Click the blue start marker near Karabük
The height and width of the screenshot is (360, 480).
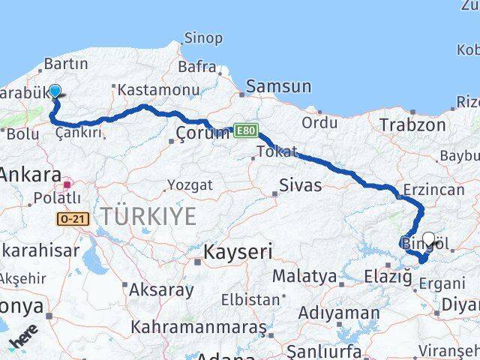tap(54, 92)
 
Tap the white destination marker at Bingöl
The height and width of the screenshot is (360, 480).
tap(428, 240)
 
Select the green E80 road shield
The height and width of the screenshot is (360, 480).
tap(244, 130)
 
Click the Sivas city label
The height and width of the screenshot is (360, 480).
tap(299, 184)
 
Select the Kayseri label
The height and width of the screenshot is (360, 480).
tap(238, 251)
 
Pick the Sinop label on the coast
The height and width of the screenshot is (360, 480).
tap(203, 37)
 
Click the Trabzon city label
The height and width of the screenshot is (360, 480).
tap(412, 124)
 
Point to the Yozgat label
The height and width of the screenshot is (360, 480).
tap(190, 184)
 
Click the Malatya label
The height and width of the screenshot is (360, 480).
tap(304, 276)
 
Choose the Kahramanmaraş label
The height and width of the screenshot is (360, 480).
tap(199, 328)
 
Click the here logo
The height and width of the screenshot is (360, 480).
tap(23, 338)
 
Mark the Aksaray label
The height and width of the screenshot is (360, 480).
tap(161, 289)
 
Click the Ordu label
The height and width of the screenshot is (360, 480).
tap(319, 122)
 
